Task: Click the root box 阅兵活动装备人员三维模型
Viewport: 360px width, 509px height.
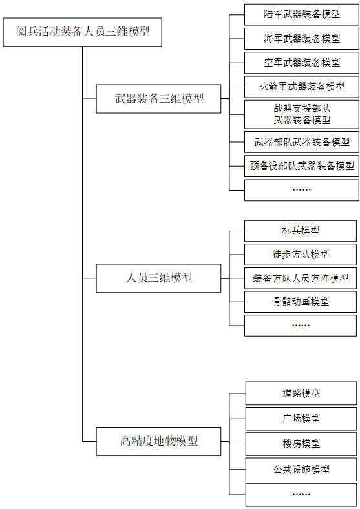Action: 83,32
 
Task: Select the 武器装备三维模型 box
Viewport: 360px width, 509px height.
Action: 158,99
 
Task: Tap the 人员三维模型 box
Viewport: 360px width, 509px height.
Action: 158,278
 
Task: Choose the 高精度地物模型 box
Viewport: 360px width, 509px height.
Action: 158,441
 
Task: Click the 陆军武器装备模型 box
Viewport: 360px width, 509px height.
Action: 302,15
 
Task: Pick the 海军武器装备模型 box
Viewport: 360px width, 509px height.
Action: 302,39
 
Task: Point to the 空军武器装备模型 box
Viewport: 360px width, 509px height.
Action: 302,63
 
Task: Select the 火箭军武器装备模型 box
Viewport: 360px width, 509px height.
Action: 302,87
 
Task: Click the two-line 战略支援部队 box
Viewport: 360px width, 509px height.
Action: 302,114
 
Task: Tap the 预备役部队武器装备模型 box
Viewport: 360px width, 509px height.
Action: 302,166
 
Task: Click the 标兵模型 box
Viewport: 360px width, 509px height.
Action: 301,231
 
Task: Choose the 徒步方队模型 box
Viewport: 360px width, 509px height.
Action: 301,254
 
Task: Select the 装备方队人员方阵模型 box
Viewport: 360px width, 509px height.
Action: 301,278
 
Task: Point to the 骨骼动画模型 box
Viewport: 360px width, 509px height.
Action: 301,302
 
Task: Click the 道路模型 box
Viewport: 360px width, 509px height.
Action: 301,393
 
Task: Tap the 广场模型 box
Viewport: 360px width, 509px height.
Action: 301,419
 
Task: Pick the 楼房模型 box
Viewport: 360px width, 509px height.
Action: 301,444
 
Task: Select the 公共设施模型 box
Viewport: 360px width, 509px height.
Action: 301,470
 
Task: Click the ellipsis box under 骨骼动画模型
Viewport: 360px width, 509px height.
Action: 301,326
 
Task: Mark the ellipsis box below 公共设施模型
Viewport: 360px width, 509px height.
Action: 301,495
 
